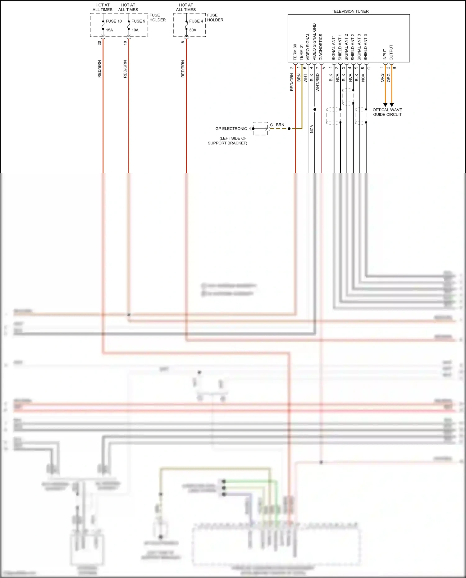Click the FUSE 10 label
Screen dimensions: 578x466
point(114,21)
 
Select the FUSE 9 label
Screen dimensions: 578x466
point(138,21)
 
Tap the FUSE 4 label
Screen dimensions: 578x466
point(196,21)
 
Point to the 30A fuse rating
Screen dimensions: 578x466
point(193,30)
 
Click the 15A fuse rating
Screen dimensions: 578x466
point(109,30)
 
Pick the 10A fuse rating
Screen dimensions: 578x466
point(135,30)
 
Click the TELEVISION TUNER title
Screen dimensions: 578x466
point(350,11)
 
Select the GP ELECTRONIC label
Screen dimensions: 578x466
point(231,129)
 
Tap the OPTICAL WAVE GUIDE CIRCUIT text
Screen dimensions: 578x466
point(387,112)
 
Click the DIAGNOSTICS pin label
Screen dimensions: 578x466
point(321,47)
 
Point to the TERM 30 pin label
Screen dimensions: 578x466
point(295,52)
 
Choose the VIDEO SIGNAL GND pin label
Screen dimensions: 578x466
point(314,42)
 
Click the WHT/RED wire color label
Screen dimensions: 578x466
point(318,82)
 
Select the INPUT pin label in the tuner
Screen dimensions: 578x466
point(385,54)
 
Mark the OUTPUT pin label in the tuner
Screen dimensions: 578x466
point(391,52)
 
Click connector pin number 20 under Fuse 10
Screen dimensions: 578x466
point(99,43)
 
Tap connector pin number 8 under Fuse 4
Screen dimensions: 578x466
point(183,42)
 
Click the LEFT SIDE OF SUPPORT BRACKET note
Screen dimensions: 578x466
point(227,141)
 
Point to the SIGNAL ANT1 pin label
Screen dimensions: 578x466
point(333,48)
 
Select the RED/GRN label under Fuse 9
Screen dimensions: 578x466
point(125,69)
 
